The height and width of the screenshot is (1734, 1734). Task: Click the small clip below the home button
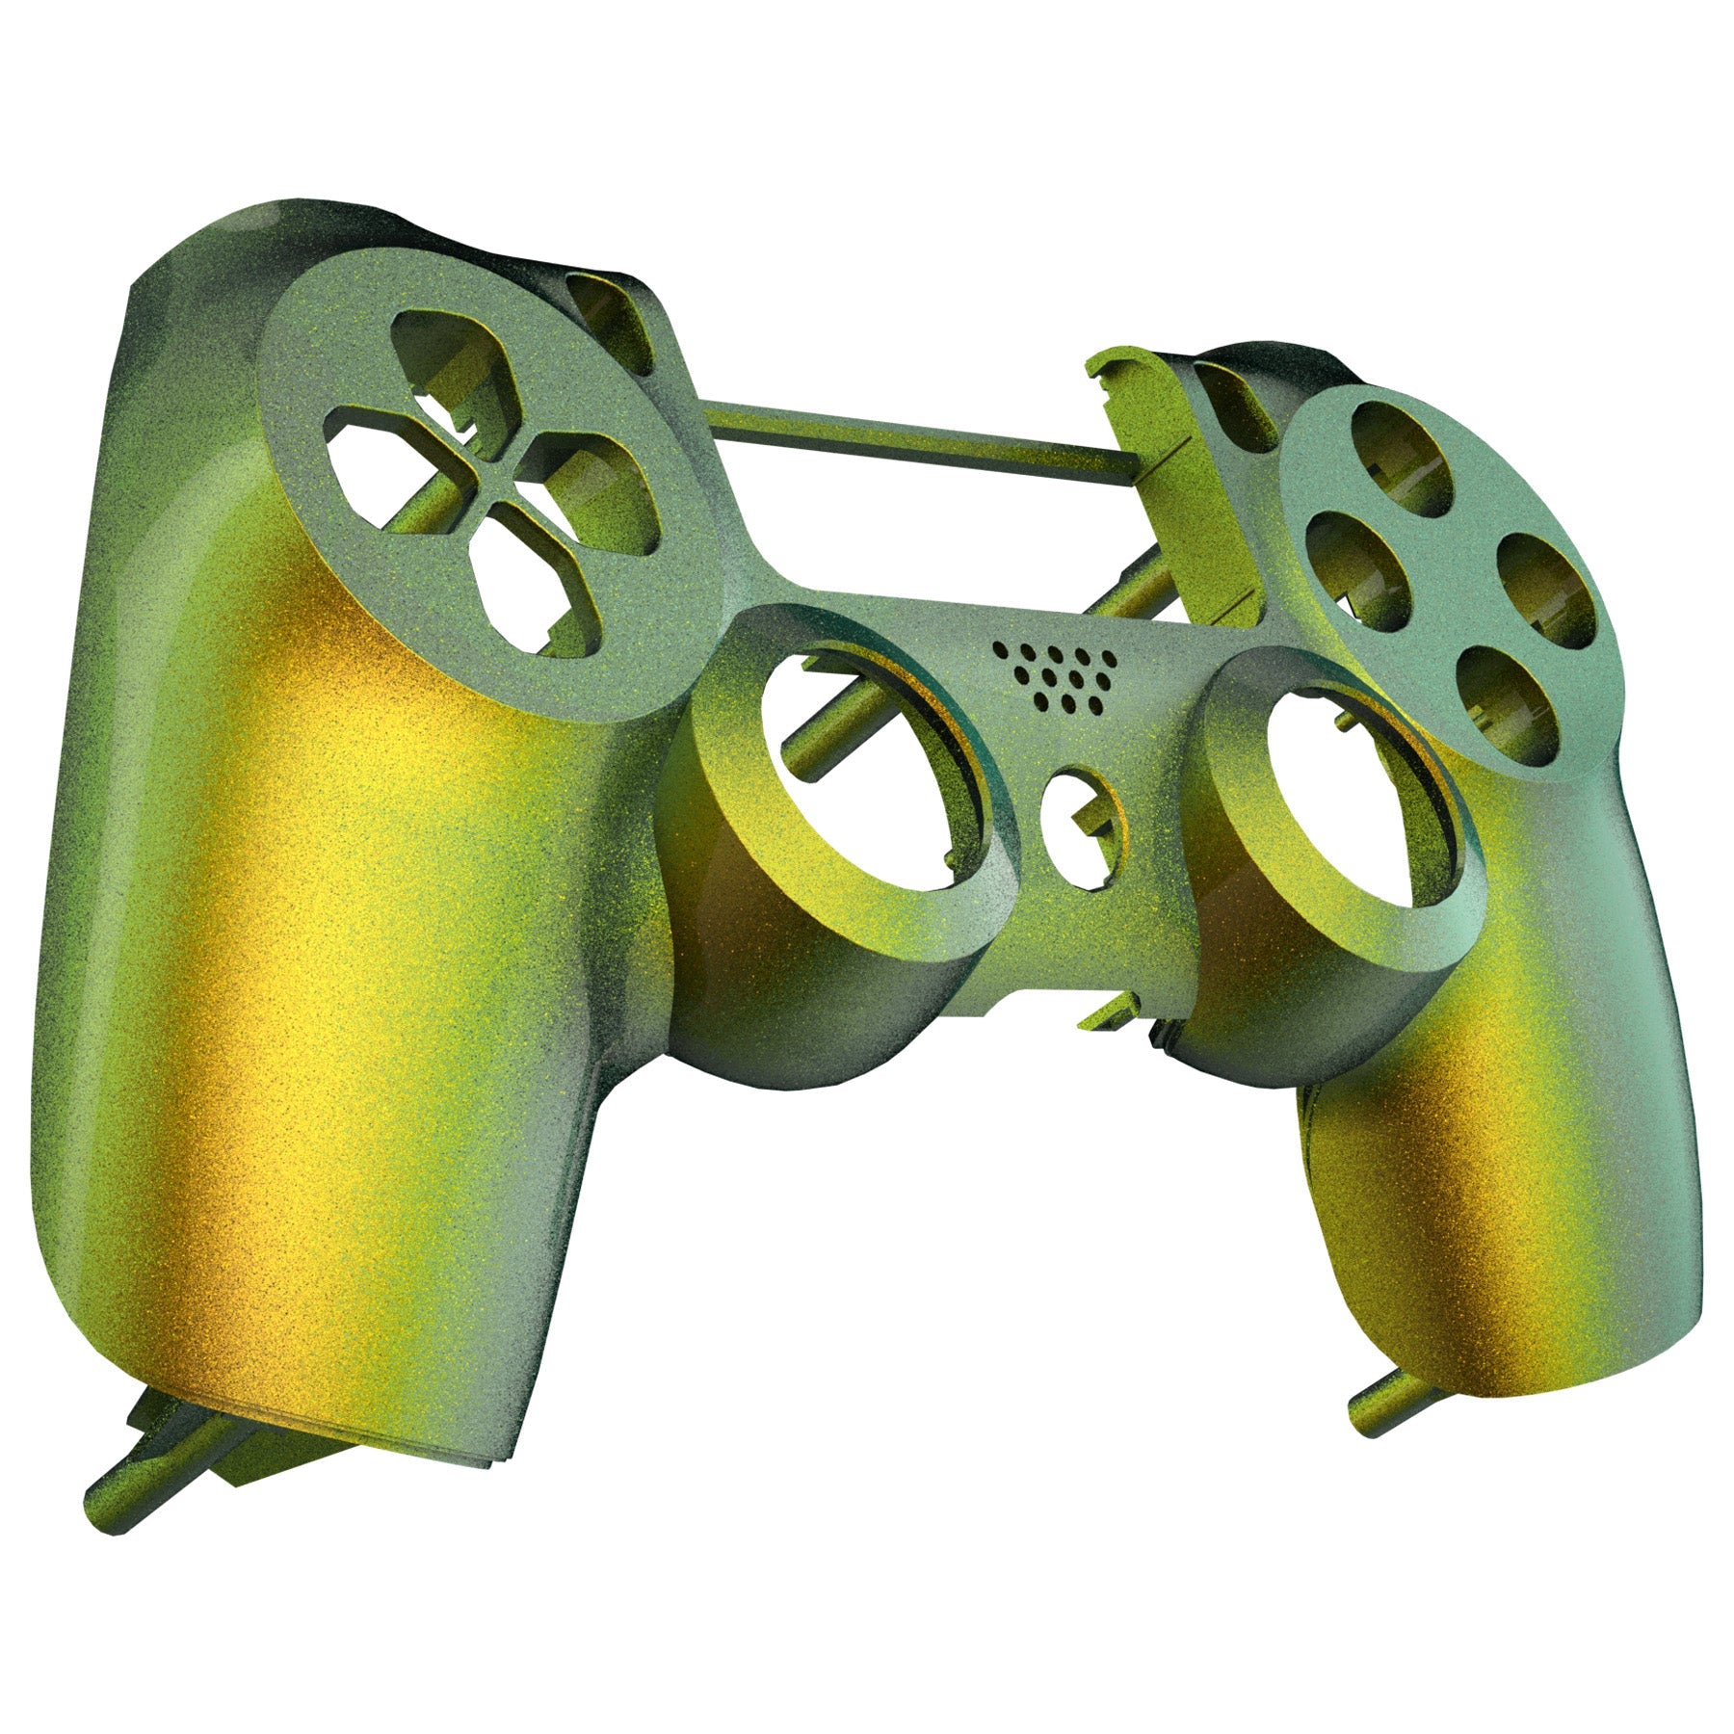point(1108,1011)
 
